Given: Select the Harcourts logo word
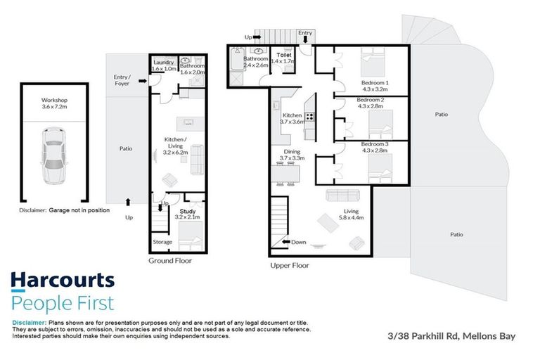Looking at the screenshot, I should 63,281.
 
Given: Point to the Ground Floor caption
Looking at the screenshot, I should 169,260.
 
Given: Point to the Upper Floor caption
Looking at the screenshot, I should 289,266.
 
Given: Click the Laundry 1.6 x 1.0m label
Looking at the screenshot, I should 164,66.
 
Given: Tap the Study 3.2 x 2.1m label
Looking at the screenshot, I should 187,214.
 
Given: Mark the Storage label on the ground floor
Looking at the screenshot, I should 162,242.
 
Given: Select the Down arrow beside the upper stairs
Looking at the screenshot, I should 293,242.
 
